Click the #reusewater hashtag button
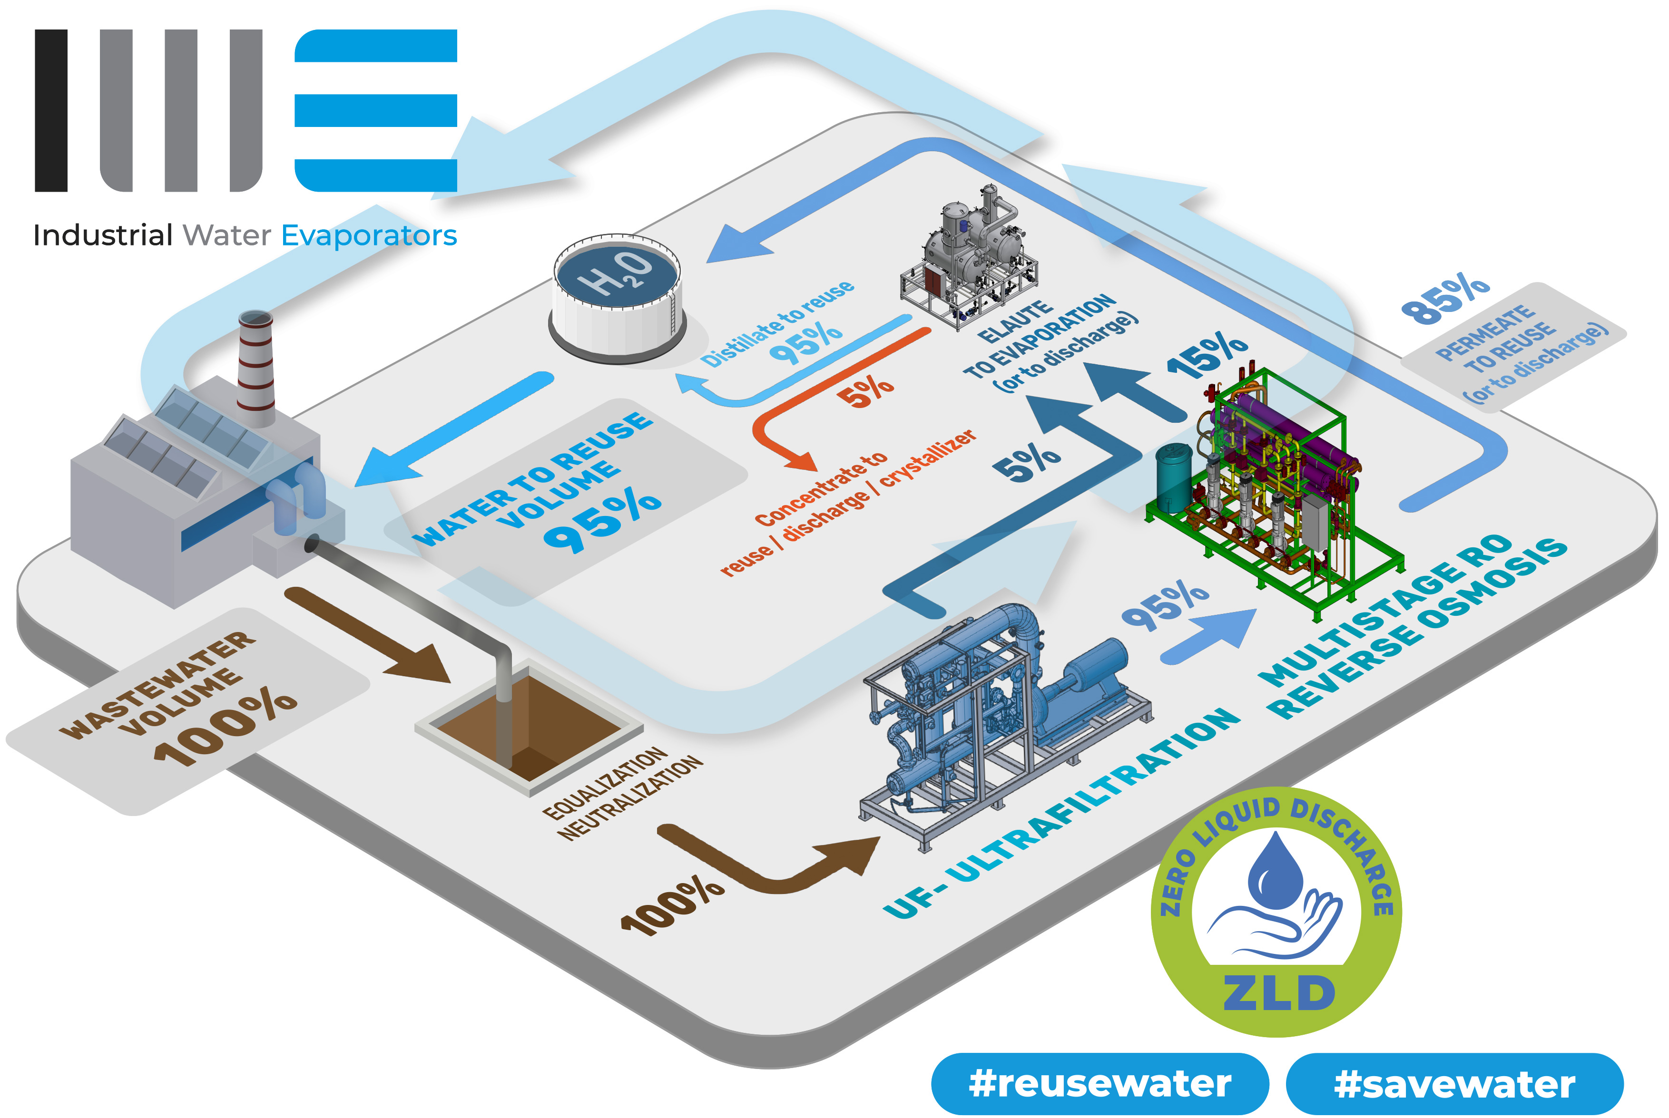[x=1100, y=1083]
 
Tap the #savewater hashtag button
[x=1454, y=1083]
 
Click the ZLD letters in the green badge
[x=1279, y=992]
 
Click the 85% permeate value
[x=1445, y=298]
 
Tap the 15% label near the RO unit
[x=1208, y=354]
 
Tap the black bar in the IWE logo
[x=51, y=110]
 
